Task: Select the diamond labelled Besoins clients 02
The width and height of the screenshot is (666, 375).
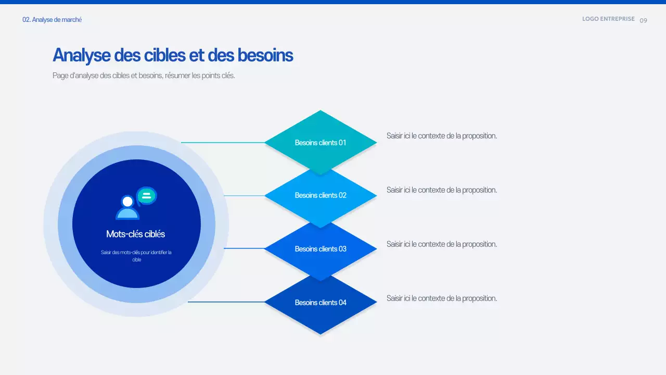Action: [x=321, y=195]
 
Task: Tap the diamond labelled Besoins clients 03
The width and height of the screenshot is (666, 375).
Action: [x=321, y=249]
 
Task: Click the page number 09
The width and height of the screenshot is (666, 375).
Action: [x=644, y=20]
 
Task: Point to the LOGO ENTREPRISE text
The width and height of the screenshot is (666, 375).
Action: [x=608, y=19]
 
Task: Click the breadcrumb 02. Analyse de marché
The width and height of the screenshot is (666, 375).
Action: [x=52, y=20]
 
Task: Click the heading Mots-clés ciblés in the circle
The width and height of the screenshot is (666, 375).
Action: [x=135, y=234]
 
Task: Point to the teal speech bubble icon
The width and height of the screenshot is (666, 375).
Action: [x=147, y=196]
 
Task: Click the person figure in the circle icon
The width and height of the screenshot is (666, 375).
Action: [x=127, y=208]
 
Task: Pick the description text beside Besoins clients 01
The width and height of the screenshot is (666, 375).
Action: [x=441, y=136]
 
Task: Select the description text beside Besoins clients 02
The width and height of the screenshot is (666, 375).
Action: [x=441, y=190]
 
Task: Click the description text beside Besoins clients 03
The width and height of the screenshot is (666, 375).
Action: [x=441, y=244]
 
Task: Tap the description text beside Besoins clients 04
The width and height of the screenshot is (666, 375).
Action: [x=441, y=298]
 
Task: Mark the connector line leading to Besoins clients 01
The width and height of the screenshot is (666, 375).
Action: [x=223, y=142]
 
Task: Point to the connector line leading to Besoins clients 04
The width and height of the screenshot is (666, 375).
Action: [x=226, y=302]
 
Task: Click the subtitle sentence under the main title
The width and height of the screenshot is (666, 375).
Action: [x=144, y=76]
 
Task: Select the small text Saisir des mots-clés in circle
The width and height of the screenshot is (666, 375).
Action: [x=136, y=256]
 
